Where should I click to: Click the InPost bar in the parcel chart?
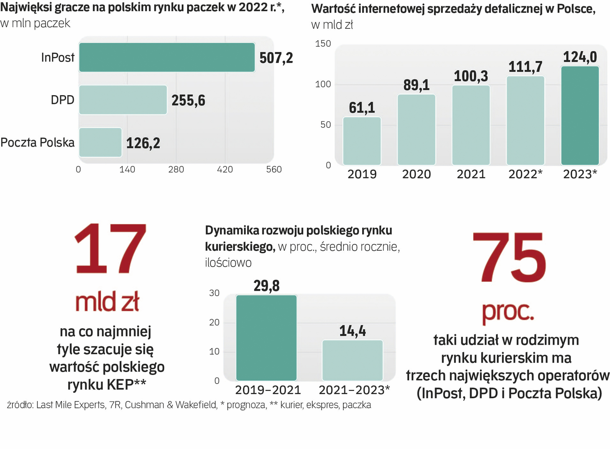click(167, 57)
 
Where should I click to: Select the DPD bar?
click(123, 100)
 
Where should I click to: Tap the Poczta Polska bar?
click(100, 143)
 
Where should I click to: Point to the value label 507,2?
click(276, 58)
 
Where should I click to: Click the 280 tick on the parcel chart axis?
click(176, 170)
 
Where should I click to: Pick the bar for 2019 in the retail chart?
click(362, 141)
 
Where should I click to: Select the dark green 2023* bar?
click(580, 116)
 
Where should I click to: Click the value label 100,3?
click(471, 76)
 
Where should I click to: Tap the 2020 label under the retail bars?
click(416, 174)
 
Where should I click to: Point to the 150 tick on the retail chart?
click(323, 44)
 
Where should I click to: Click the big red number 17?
click(111, 249)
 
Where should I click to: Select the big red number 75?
click(509, 258)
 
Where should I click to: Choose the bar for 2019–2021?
click(266, 338)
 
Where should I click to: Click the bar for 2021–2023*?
click(352, 360)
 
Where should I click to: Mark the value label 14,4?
click(352, 331)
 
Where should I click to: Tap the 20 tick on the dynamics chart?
click(214, 323)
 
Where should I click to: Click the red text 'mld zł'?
click(107, 302)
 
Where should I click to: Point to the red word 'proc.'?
click(508, 312)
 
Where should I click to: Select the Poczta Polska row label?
click(37, 143)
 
